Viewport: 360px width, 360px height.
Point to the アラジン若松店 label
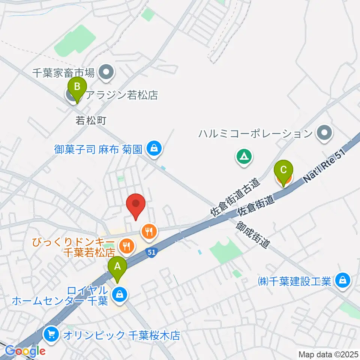tap(121, 95)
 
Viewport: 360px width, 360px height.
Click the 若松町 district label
tap(91, 120)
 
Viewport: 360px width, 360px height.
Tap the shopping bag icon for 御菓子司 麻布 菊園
tap(154, 149)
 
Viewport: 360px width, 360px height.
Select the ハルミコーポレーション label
tap(256, 133)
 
